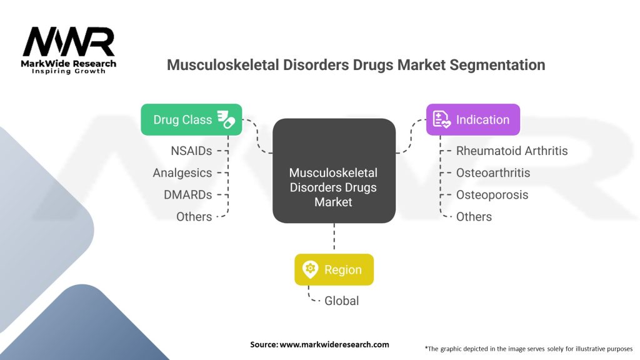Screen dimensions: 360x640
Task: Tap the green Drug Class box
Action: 191,119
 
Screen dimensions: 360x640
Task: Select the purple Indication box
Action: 472,119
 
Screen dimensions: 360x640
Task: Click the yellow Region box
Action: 334,269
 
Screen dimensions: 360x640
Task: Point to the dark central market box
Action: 334,171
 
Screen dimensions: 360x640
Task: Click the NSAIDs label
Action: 191,151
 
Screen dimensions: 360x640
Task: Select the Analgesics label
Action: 182,173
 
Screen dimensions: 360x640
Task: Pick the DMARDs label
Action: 187,195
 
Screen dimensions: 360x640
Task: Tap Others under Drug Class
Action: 194,217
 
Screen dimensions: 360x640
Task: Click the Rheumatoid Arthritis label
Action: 512,151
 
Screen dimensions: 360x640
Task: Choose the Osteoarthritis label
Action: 492,173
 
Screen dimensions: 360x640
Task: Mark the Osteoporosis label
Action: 492,195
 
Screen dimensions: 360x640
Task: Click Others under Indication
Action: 474,217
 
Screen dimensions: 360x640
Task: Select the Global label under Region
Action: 341,301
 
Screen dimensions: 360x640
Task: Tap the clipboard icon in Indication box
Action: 441,119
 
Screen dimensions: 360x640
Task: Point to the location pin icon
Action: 310,269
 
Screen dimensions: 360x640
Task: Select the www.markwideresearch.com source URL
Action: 334,344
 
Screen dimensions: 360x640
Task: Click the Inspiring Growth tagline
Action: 69,71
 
